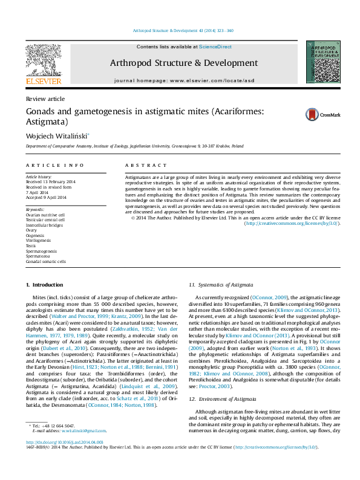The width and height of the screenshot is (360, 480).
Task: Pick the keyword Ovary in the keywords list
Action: [31, 230]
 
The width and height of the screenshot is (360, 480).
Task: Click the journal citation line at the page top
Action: [180, 31]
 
